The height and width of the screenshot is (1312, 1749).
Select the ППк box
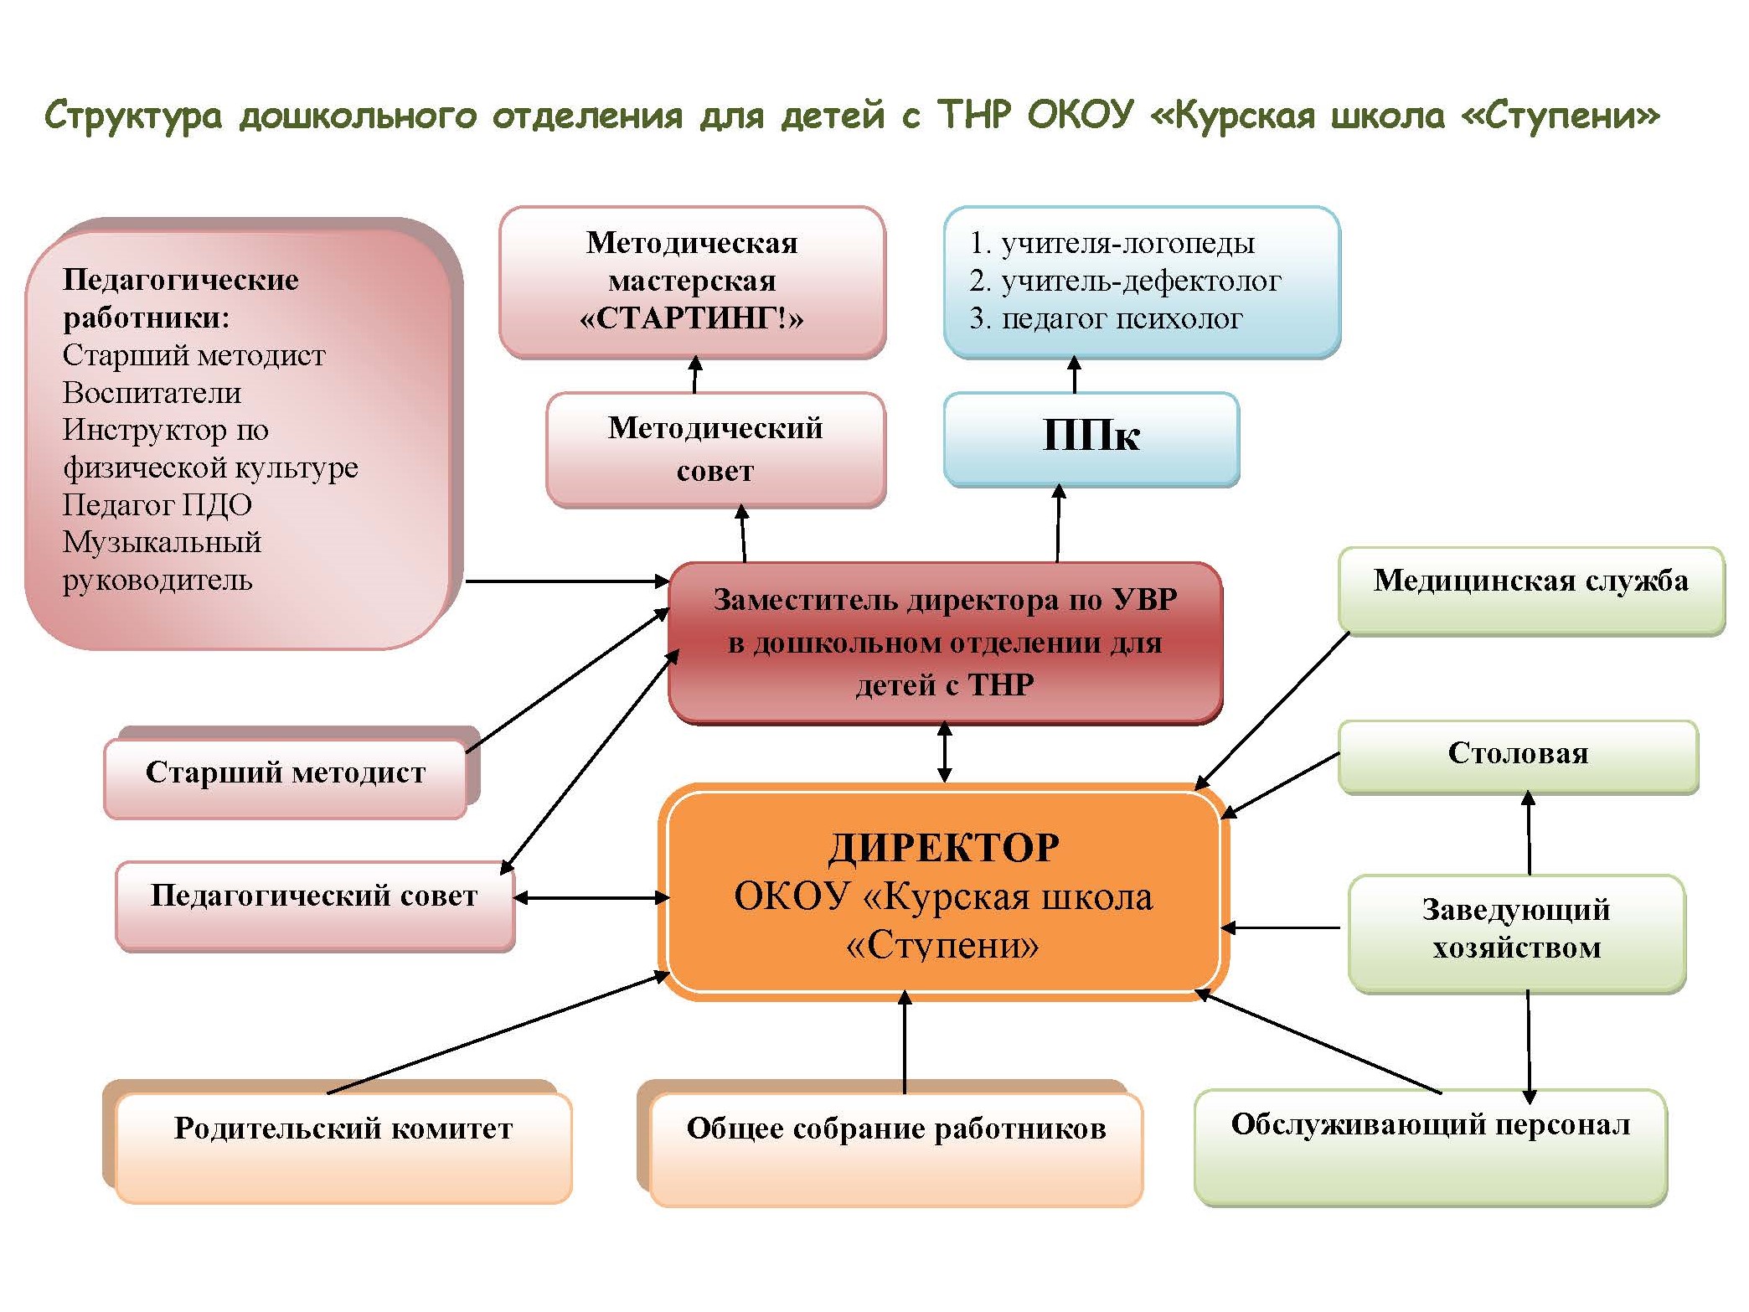point(1091,437)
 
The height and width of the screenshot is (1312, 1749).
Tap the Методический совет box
point(715,449)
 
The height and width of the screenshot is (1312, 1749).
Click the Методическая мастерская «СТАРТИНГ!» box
point(692,281)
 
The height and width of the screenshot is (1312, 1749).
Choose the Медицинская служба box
point(1530,589)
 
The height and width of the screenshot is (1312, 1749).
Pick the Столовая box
point(1518,755)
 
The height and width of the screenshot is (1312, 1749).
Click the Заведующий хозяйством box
point(1516,931)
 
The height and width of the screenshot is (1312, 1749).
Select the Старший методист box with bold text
point(285,776)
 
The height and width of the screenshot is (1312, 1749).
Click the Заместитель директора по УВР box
point(945,642)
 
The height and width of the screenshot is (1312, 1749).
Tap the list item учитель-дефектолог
point(1140,282)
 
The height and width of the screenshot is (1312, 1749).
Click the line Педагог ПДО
point(157,505)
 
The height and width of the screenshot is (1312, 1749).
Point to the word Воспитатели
point(152,393)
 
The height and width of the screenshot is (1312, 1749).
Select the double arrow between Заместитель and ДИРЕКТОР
point(944,752)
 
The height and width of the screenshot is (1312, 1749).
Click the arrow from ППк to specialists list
point(1074,375)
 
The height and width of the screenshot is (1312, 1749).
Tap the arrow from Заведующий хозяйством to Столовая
point(1529,833)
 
